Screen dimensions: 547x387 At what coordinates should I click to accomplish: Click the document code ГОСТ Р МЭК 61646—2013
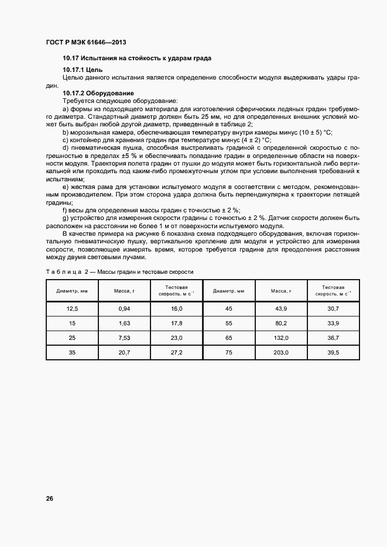[x=85, y=43]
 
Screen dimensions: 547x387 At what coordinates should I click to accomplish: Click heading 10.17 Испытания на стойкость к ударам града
[x=137, y=59]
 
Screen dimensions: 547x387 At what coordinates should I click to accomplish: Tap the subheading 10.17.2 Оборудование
[x=98, y=93]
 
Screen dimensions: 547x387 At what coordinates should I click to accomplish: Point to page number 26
[x=50, y=499]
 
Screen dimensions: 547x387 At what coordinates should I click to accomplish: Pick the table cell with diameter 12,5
[x=71, y=308]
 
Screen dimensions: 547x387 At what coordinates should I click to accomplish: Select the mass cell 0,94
[x=124, y=308]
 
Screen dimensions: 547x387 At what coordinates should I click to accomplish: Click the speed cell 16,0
[x=177, y=308]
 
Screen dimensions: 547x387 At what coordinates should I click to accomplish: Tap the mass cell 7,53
[x=124, y=338]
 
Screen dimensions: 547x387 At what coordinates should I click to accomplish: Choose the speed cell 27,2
[x=177, y=352]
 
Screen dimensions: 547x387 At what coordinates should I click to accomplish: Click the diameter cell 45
[x=228, y=308]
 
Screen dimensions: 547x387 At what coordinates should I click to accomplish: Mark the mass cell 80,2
[x=281, y=323]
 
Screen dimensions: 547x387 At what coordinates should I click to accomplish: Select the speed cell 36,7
[x=333, y=338]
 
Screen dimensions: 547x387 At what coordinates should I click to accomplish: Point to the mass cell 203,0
[x=281, y=352]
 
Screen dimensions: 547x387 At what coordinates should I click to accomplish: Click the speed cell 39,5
[x=333, y=352]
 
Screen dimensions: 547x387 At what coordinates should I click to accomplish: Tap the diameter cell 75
[x=228, y=352]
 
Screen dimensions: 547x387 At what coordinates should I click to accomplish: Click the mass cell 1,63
[x=124, y=323]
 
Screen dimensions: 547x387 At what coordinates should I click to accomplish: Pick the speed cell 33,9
[x=333, y=323]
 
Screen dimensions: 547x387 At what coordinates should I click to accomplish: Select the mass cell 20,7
[x=124, y=352]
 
